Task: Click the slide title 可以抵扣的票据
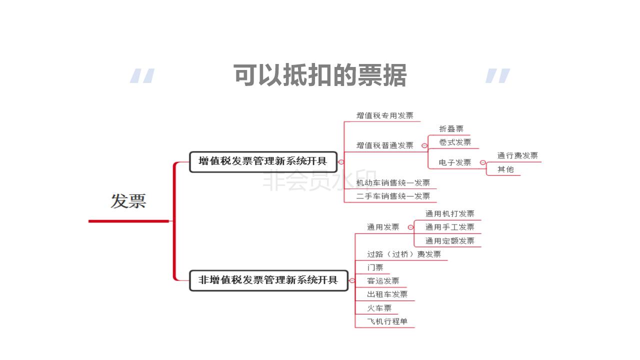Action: (x=320, y=75)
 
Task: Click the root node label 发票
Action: (x=128, y=201)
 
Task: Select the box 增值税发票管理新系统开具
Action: (x=263, y=161)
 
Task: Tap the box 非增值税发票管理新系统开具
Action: (x=268, y=280)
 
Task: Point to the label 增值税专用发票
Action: (x=384, y=115)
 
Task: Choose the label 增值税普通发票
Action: (x=384, y=145)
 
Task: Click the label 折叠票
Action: (x=451, y=129)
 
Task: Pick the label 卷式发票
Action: (x=454, y=142)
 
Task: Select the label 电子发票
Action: (x=454, y=162)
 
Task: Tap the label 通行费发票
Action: (x=517, y=155)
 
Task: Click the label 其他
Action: (x=505, y=169)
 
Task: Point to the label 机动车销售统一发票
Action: (x=393, y=183)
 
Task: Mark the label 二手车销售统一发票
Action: (x=393, y=196)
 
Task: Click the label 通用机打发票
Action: (x=449, y=214)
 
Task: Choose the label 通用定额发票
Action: (x=449, y=241)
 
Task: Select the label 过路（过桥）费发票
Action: (x=404, y=254)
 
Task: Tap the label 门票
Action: (x=375, y=268)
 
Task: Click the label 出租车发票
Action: (x=387, y=294)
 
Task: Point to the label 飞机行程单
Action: (x=387, y=321)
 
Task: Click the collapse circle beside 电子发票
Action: (x=482, y=162)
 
